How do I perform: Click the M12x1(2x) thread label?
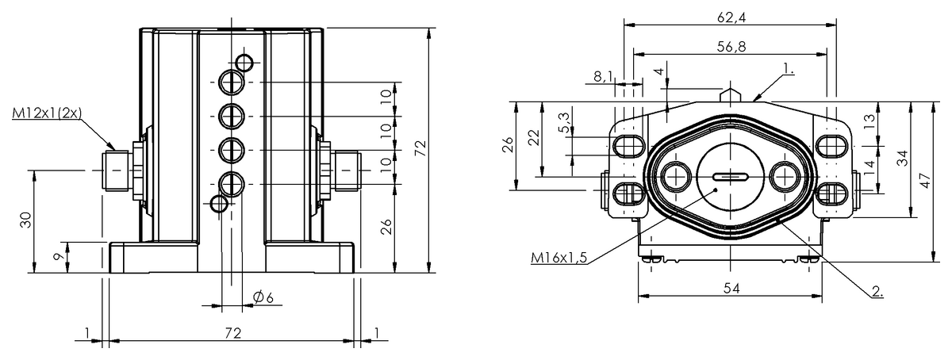click(47, 113)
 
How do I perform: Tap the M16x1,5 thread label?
click(559, 257)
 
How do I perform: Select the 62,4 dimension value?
click(731, 17)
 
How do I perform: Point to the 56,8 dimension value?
click(731, 46)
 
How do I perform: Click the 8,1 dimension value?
click(604, 76)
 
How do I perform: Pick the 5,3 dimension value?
click(565, 123)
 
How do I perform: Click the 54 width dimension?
click(731, 289)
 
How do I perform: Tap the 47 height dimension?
click(927, 180)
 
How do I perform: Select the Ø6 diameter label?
click(263, 297)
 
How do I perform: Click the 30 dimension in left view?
click(26, 220)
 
